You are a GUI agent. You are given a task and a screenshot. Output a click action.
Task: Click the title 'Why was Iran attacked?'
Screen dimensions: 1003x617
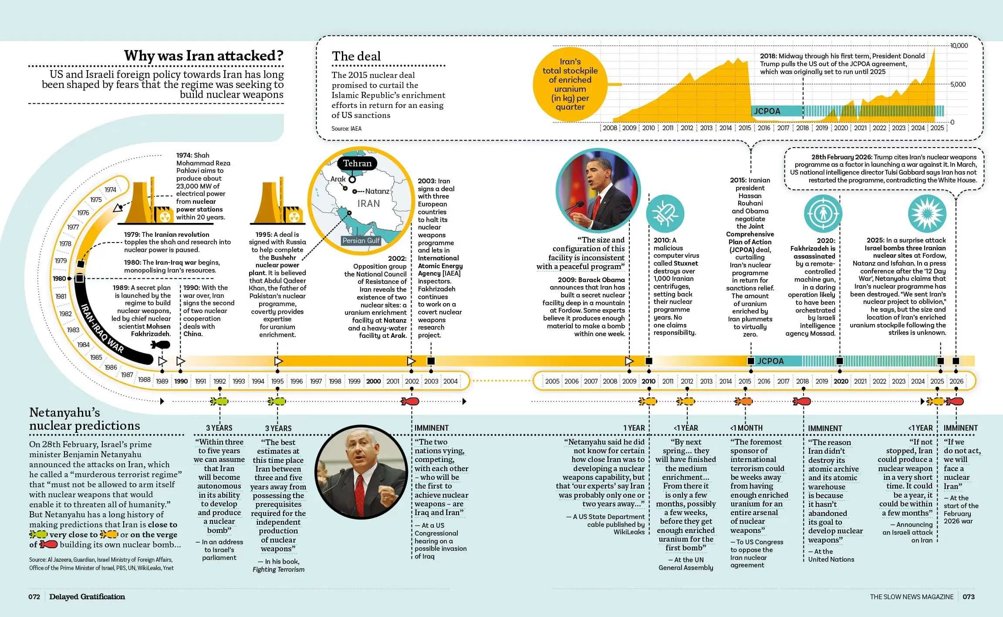(x=204, y=56)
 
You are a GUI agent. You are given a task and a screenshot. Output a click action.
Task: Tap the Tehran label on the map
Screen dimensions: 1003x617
(x=357, y=163)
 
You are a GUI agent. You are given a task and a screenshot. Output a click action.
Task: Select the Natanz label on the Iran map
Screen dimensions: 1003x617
(x=377, y=191)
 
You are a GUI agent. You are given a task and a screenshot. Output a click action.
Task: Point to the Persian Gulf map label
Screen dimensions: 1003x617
(x=361, y=240)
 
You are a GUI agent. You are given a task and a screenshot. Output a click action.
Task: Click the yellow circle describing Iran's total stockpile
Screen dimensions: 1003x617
(x=570, y=84)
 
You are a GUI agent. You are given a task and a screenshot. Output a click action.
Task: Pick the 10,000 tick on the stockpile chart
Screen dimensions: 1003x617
(x=959, y=46)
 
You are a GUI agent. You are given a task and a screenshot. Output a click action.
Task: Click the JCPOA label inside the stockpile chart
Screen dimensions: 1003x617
(x=767, y=111)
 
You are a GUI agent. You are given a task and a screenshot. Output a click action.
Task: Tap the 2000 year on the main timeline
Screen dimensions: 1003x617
(x=373, y=381)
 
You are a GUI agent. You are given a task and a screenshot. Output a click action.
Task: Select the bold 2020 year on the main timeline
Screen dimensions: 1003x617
(x=841, y=381)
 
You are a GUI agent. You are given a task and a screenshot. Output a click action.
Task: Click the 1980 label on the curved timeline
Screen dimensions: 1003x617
(x=59, y=278)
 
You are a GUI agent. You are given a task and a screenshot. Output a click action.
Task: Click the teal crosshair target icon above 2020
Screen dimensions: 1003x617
(x=823, y=213)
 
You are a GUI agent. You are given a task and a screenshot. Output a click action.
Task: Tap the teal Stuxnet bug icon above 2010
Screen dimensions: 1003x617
(x=665, y=213)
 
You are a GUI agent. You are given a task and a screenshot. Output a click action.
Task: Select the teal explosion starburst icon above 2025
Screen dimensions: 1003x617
(x=927, y=213)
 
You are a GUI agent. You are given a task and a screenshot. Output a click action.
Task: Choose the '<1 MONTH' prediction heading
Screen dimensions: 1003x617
(x=746, y=428)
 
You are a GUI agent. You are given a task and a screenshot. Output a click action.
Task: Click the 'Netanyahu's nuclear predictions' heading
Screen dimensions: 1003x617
(x=85, y=419)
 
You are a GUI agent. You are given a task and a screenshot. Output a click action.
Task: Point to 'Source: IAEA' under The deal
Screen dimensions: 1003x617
(x=346, y=128)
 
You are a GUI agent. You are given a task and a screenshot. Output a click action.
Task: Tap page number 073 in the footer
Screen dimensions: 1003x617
(x=969, y=597)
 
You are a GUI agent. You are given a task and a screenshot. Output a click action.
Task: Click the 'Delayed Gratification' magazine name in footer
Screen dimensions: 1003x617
(x=87, y=597)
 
